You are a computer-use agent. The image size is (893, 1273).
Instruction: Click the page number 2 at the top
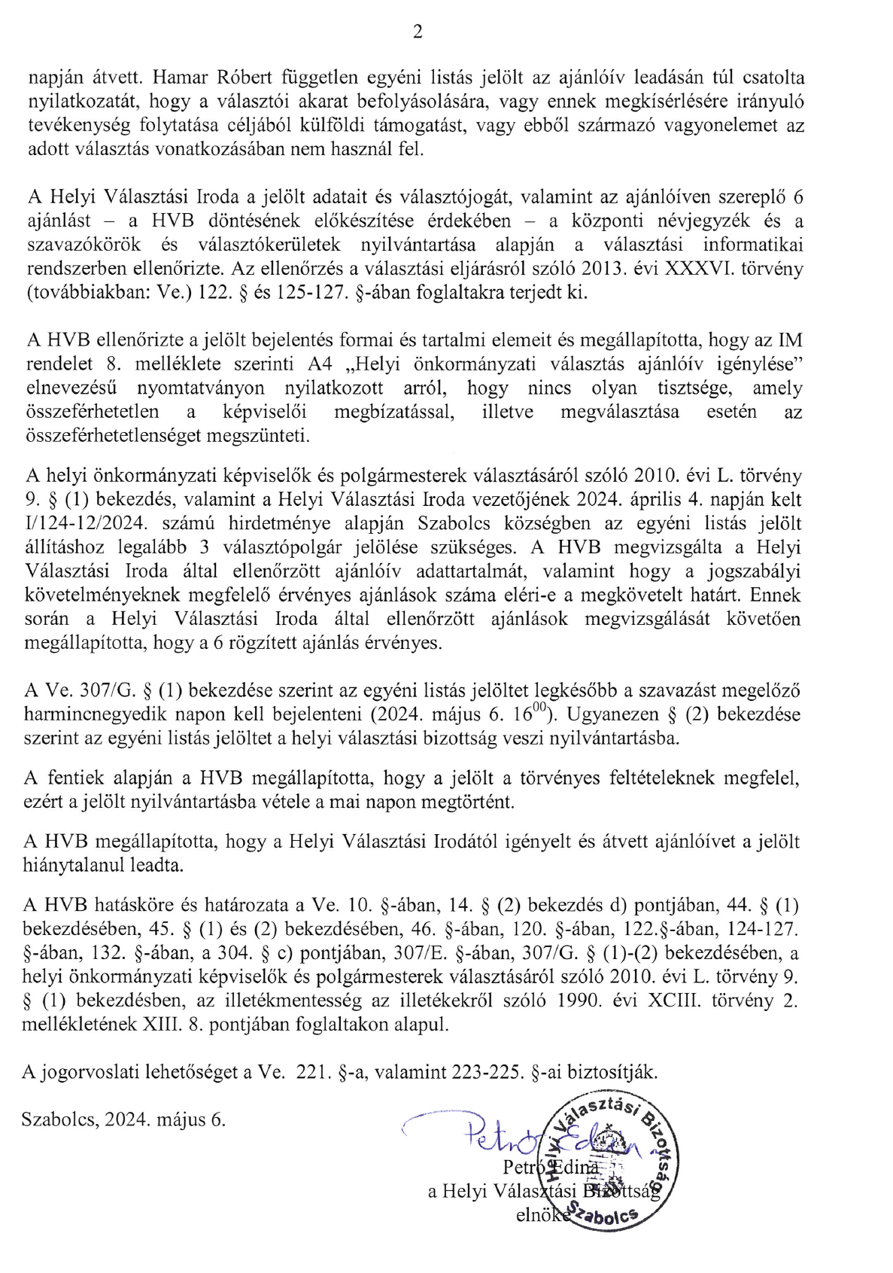[x=418, y=32]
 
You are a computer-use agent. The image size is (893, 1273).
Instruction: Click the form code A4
[x=319, y=364]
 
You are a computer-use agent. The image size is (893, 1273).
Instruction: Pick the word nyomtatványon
[x=201, y=388]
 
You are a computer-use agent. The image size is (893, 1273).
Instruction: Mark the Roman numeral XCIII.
[x=685, y=1000]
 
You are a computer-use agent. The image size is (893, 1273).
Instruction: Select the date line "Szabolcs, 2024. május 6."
[x=124, y=1119]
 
